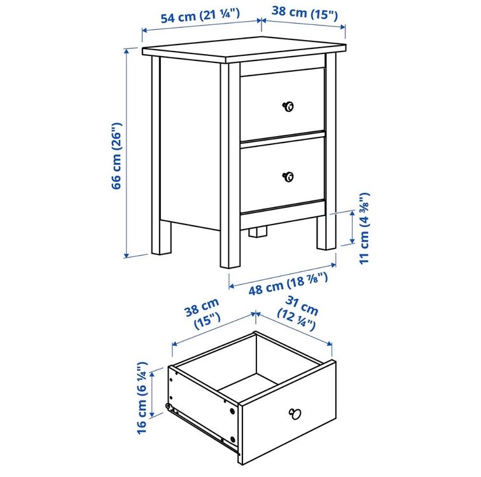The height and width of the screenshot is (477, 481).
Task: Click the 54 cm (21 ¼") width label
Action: coord(200,17)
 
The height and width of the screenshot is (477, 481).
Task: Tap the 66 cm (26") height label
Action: coord(116,156)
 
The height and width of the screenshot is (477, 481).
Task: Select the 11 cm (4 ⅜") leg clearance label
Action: coord(365,228)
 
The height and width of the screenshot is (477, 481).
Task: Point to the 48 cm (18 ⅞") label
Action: coord(288,284)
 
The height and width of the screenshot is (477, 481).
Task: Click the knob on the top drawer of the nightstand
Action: coord(288,107)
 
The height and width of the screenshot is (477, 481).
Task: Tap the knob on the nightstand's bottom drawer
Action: coord(288,177)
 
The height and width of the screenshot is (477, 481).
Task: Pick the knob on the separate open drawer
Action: coord(295,414)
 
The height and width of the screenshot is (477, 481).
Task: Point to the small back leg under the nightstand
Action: coord(258,232)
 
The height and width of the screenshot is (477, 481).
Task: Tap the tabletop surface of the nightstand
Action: coord(244,50)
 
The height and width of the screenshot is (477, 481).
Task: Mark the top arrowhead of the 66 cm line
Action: coord(126,52)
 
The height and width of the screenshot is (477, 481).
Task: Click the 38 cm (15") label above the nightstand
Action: coord(305,13)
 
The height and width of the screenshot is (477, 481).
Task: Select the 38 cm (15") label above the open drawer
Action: coord(203,314)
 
